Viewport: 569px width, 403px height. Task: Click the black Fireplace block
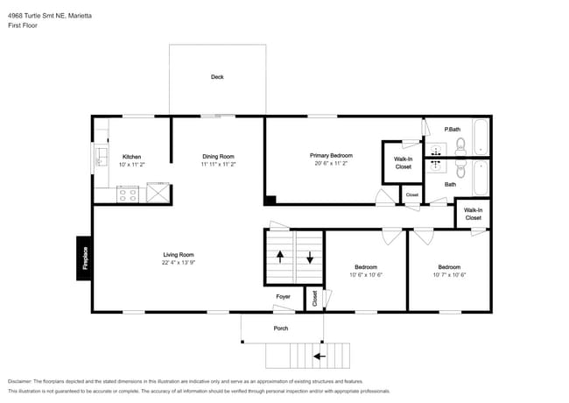coord(83,258)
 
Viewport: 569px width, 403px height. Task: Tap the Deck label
coord(217,77)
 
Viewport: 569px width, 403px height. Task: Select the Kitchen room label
coord(131,157)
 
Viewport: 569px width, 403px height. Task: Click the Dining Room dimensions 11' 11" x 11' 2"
coord(219,164)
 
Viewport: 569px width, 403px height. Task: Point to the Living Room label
coord(179,255)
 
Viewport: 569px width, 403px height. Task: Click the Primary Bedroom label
coord(331,155)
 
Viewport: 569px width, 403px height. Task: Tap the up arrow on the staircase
coord(280,257)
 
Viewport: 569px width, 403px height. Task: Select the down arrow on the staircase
coord(310,257)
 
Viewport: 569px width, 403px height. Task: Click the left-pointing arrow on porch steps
coord(320,357)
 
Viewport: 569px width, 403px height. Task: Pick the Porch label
coord(281,329)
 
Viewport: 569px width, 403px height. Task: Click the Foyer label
coord(283,297)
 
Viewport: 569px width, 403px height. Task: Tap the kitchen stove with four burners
coord(128,194)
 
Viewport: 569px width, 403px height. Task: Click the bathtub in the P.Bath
coord(481,137)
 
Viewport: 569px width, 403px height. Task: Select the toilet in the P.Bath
coord(460,146)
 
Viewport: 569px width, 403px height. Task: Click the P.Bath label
coord(453,130)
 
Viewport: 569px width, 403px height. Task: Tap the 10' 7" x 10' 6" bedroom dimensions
coord(449,275)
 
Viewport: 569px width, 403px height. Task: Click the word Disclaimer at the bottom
coord(20,381)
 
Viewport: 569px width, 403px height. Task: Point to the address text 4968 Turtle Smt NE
coord(37,16)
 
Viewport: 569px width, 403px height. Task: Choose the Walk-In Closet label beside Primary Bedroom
coord(404,163)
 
